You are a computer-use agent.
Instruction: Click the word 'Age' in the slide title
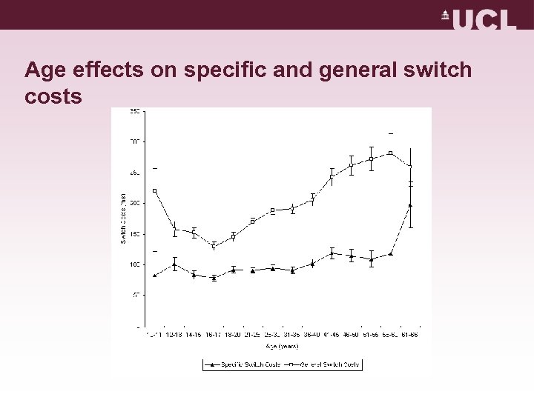tap(46, 70)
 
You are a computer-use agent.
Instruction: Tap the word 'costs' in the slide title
tap(53, 97)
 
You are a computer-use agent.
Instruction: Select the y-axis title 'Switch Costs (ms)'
tap(124, 219)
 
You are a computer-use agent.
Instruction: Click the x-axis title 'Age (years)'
tap(283, 345)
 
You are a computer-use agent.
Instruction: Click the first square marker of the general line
tap(154, 190)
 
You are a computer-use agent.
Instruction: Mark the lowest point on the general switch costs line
tap(214, 245)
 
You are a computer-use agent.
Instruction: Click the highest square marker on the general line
tap(391, 153)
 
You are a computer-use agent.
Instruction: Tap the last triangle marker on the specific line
tap(411, 205)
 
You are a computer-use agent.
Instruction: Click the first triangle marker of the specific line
tap(154, 275)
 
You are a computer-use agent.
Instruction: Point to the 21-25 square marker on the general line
tap(253, 221)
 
